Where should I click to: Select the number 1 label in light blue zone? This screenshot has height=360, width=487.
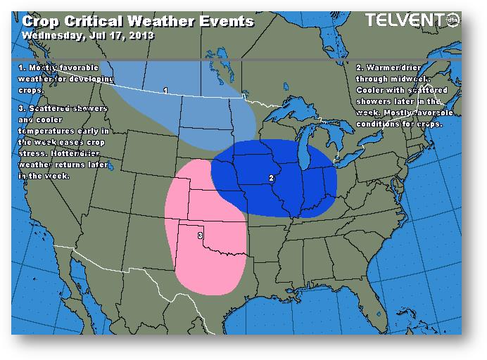click(x=165, y=91)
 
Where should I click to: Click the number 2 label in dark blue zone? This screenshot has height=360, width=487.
click(x=272, y=178)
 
